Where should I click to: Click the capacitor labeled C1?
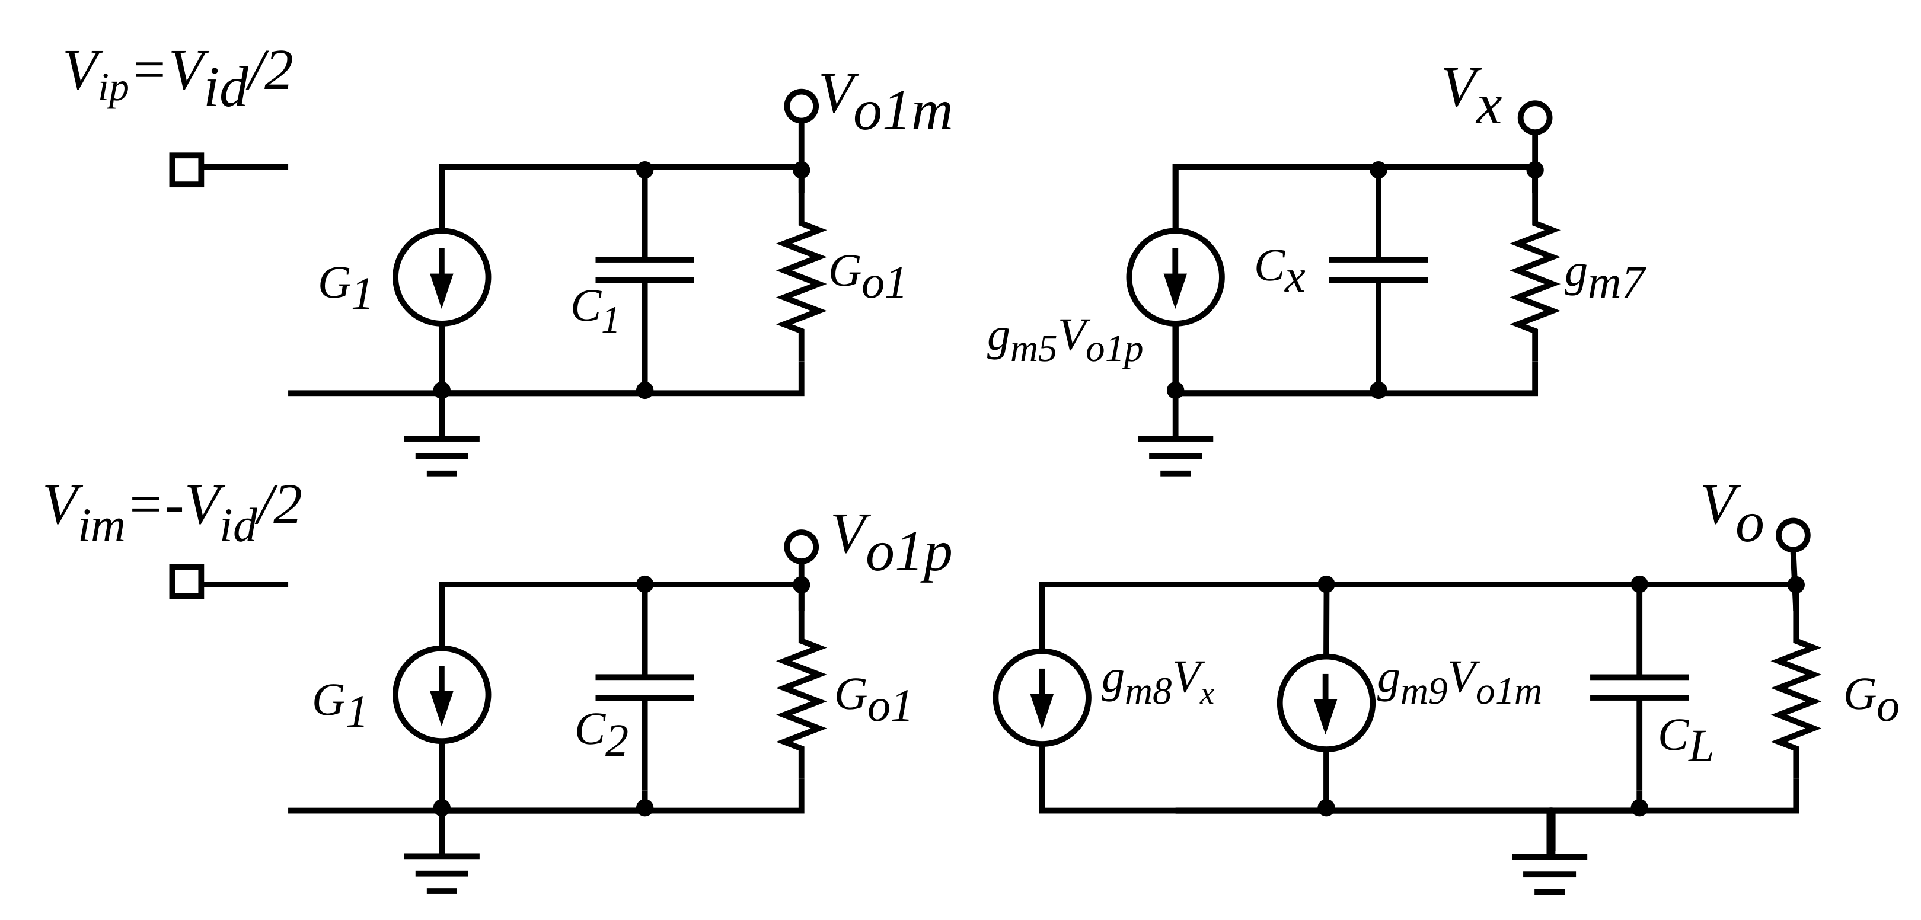tap(644, 270)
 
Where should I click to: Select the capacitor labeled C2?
tap(644, 688)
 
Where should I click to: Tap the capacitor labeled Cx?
tap(1378, 270)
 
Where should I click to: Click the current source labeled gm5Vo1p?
tap(1175, 277)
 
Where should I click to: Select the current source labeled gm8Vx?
tap(1042, 697)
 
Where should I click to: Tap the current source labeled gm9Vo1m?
tap(1326, 702)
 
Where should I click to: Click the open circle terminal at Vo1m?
tap(801, 106)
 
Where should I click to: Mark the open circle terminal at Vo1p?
tap(801, 547)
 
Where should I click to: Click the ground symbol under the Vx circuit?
tap(1175, 455)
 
